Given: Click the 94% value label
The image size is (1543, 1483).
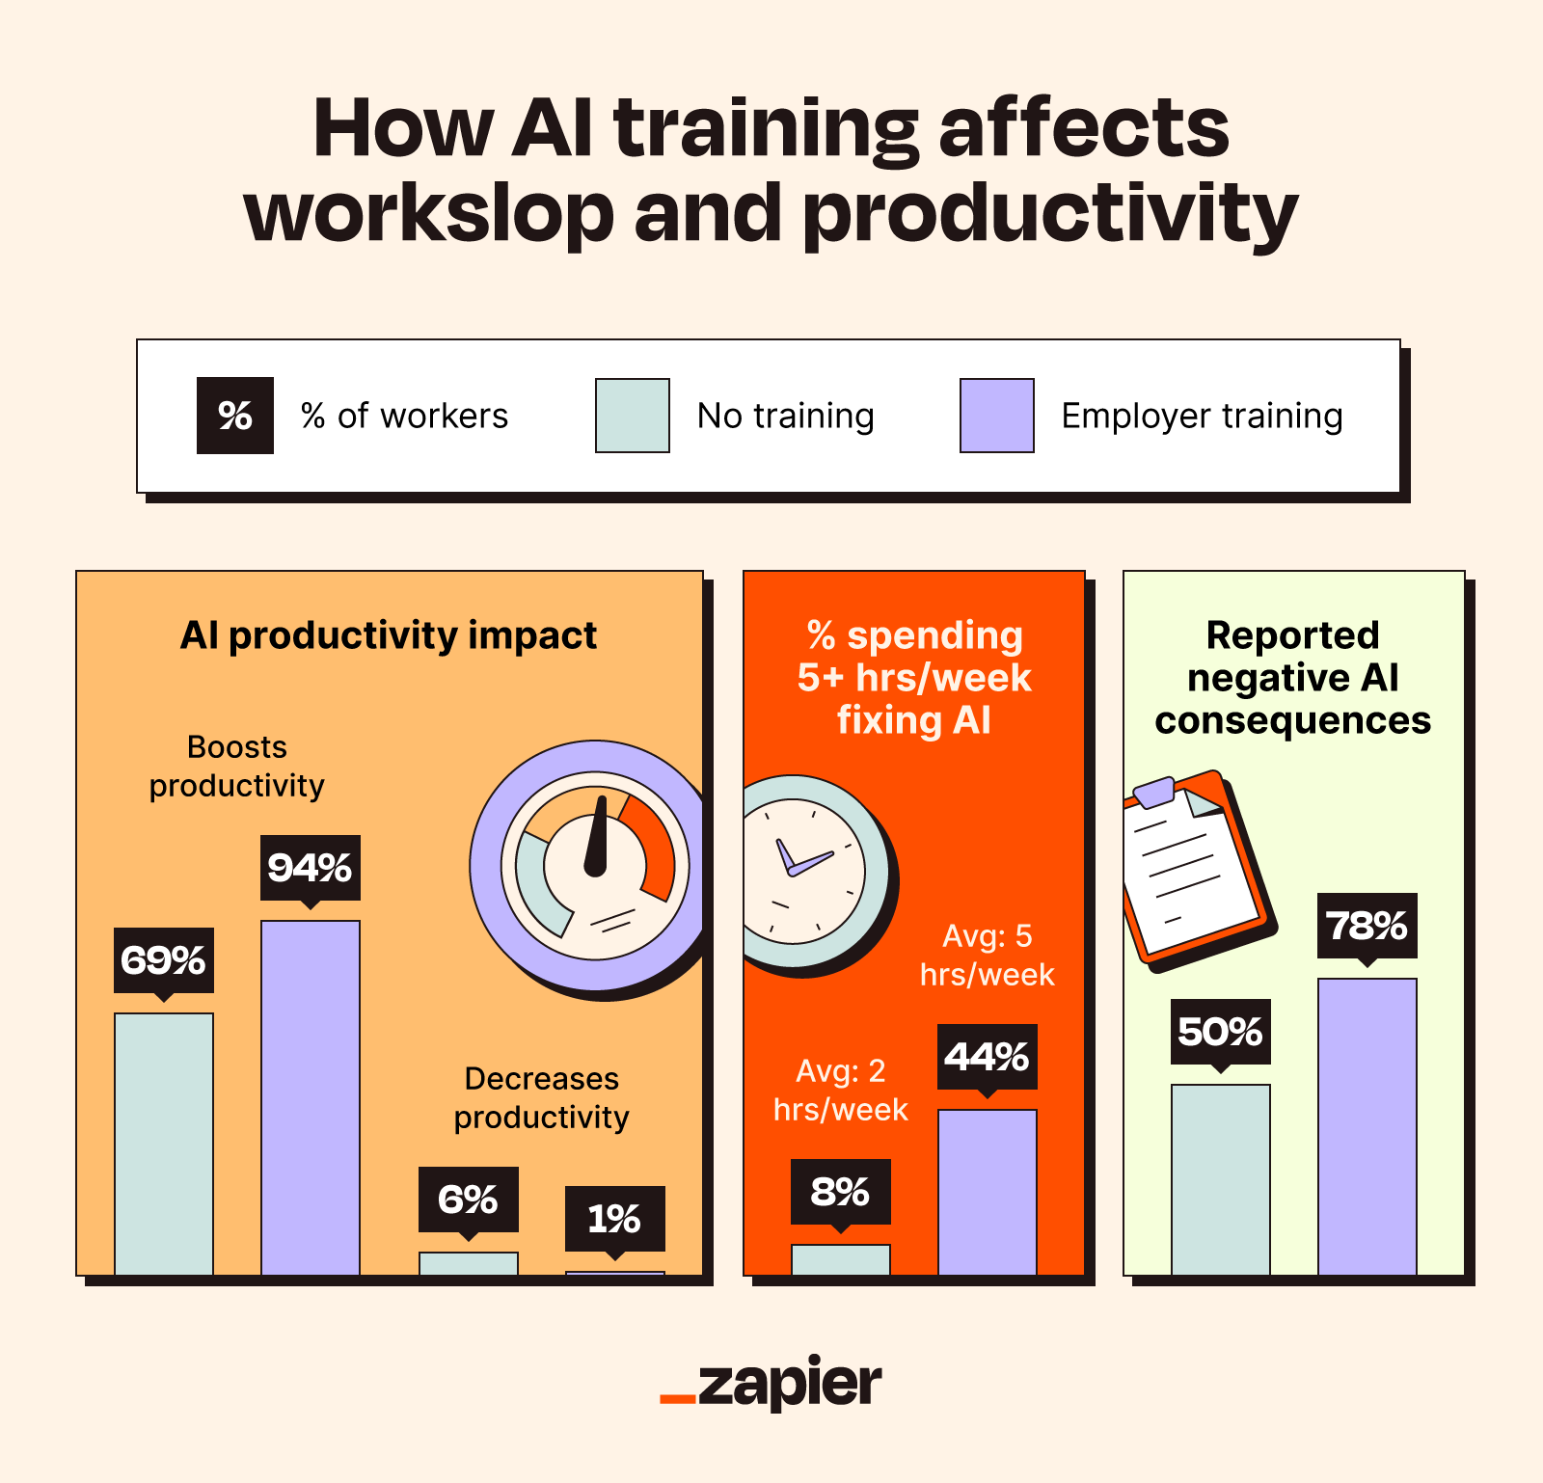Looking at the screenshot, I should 310,868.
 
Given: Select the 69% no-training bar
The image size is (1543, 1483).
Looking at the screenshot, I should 164,1144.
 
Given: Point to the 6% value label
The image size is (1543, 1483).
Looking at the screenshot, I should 468,1200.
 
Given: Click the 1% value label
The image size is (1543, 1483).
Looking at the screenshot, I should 614,1219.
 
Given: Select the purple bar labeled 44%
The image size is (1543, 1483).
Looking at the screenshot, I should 988,1192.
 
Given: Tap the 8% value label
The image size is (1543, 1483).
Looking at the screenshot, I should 840,1192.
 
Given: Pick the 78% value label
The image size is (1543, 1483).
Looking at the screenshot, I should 1367,926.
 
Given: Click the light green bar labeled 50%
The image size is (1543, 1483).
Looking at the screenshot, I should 1221,1179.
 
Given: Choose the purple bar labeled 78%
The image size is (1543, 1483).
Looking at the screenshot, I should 1367,1126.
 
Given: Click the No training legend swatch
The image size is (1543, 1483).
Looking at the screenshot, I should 633,416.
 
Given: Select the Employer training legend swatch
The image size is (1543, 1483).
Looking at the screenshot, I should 997,416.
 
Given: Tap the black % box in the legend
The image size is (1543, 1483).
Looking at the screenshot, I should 235,416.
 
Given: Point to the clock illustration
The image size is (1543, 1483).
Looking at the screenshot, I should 806,872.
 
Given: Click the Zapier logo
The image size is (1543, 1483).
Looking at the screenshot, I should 771,1384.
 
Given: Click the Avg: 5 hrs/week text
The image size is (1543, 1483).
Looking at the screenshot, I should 988,956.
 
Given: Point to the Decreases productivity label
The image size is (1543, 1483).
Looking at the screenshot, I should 541,1097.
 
